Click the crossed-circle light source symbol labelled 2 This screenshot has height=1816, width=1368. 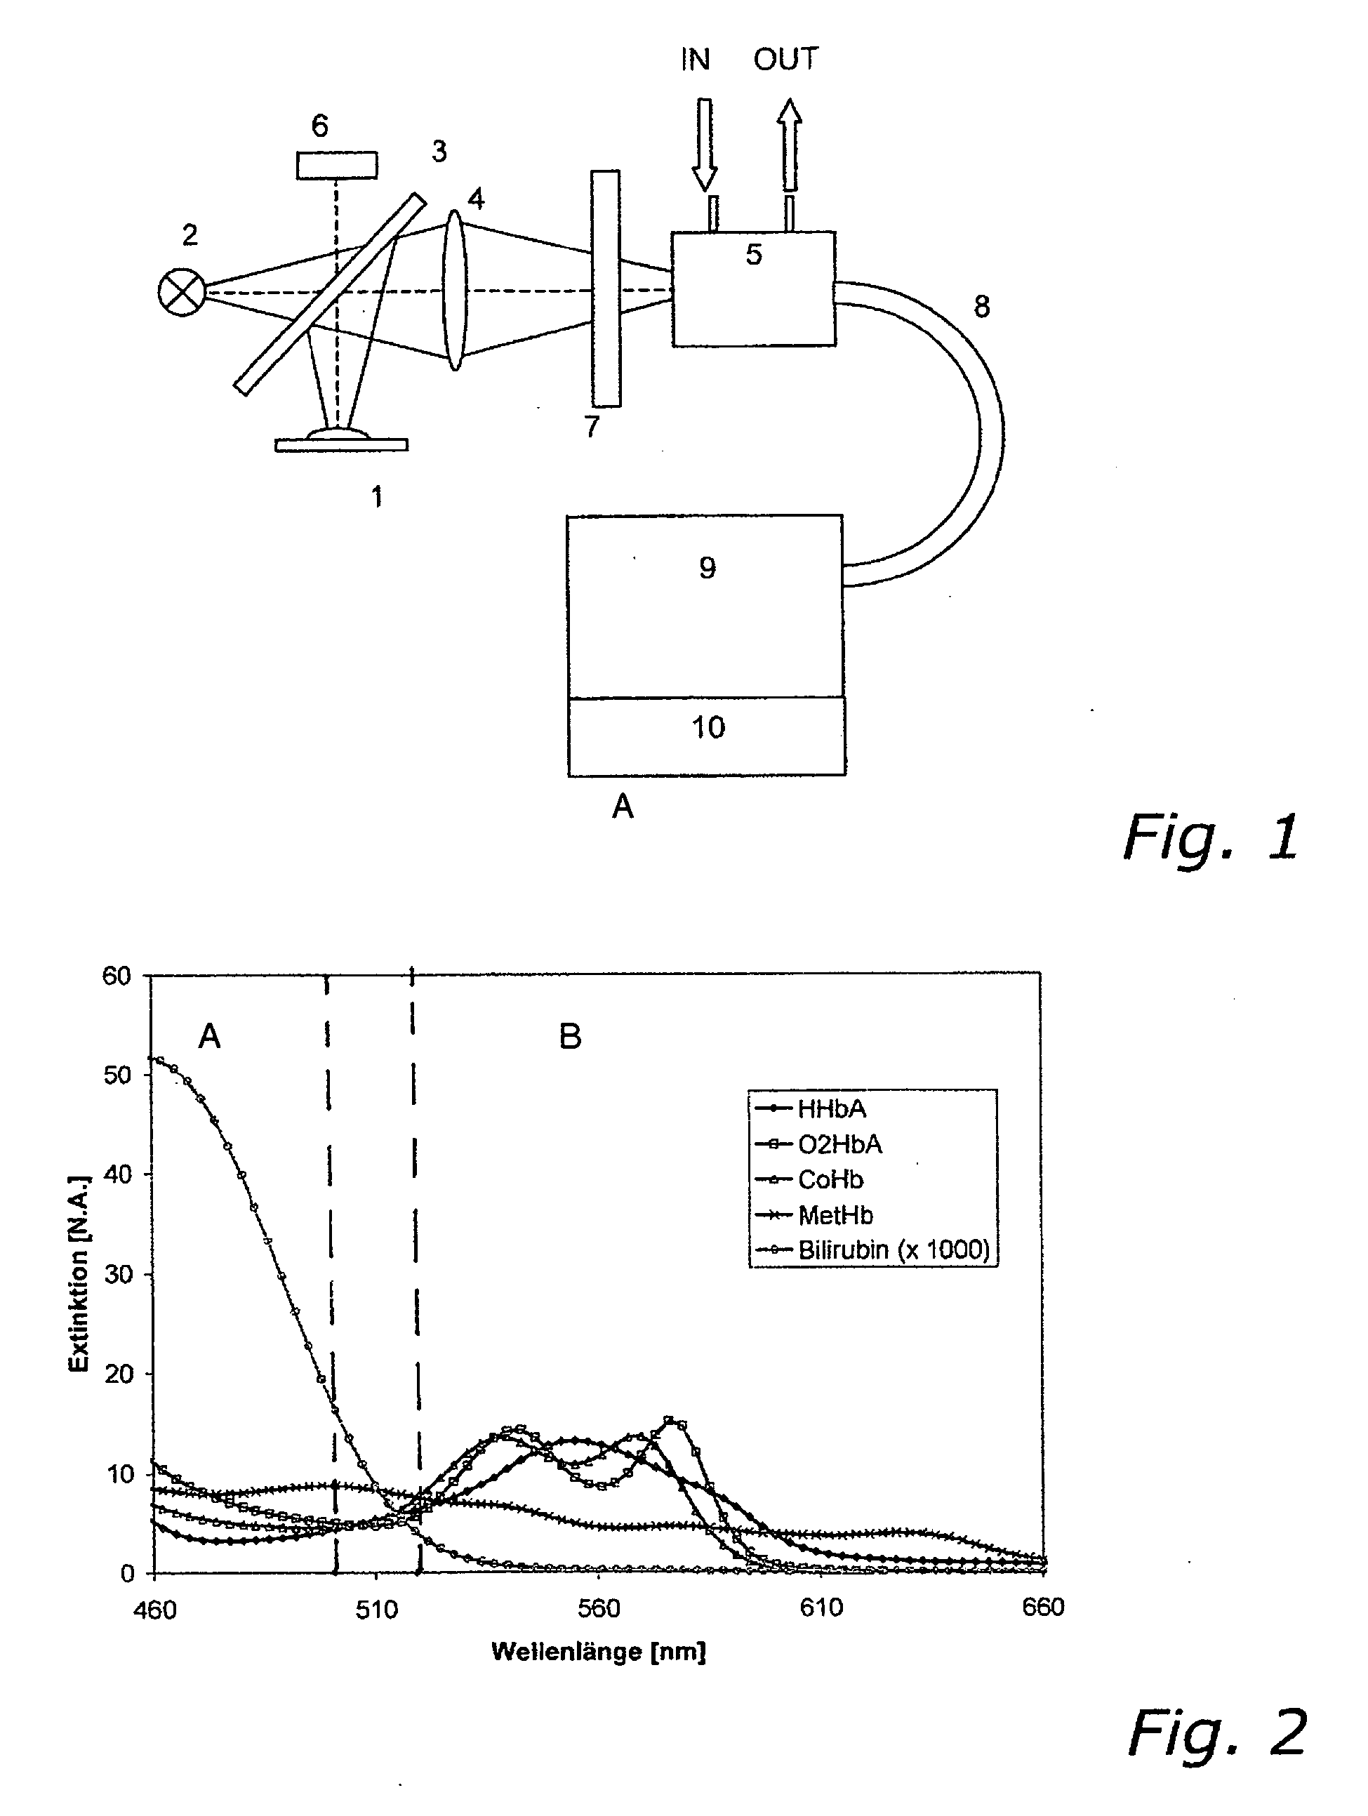click(x=182, y=292)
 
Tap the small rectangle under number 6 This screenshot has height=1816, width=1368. click(x=337, y=165)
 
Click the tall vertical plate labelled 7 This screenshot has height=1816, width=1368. click(x=605, y=289)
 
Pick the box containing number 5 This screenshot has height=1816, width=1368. click(x=753, y=289)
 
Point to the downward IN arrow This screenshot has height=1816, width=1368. click(x=705, y=145)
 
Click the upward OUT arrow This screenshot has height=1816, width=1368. click(x=788, y=145)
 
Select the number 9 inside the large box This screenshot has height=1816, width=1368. click(x=707, y=567)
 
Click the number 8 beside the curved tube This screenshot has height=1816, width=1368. click(x=981, y=307)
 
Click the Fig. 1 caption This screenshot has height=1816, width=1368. click(x=1211, y=837)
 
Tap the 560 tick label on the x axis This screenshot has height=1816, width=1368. click(x=599, y=1608)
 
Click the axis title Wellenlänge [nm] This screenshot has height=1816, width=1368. click(x=599, y=1652)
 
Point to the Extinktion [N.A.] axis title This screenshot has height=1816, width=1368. click(x=79, y=1273)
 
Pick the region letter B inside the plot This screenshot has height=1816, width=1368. click(x=570, y=1037)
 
